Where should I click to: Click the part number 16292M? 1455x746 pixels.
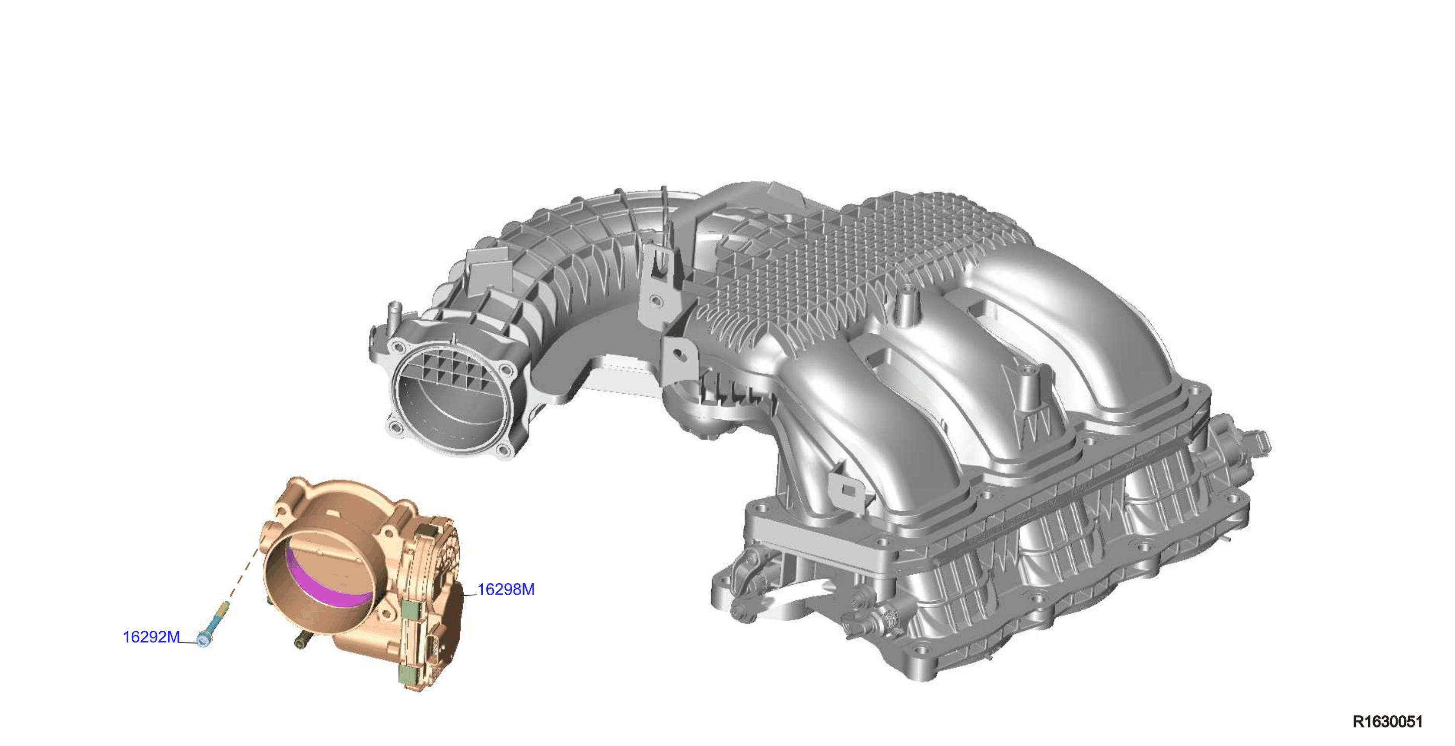click(x=151, y=637)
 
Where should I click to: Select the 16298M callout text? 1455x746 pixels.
click(x=505, y=590)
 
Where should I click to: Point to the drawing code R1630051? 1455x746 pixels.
click(x=1387, y=722)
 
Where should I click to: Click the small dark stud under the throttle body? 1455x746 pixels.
click(x=302, y=641)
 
